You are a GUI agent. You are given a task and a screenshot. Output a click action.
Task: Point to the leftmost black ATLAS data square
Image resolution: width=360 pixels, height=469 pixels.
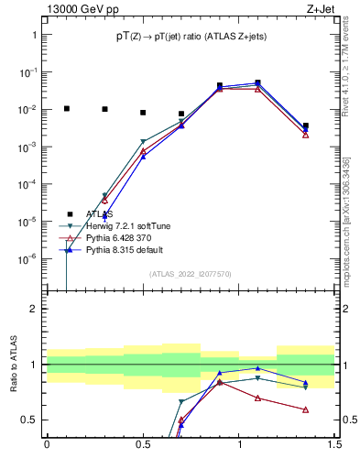[x=66, y=108]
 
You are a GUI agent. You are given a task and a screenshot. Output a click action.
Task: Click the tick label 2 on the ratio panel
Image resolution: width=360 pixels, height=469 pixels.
[x=34, y=309]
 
